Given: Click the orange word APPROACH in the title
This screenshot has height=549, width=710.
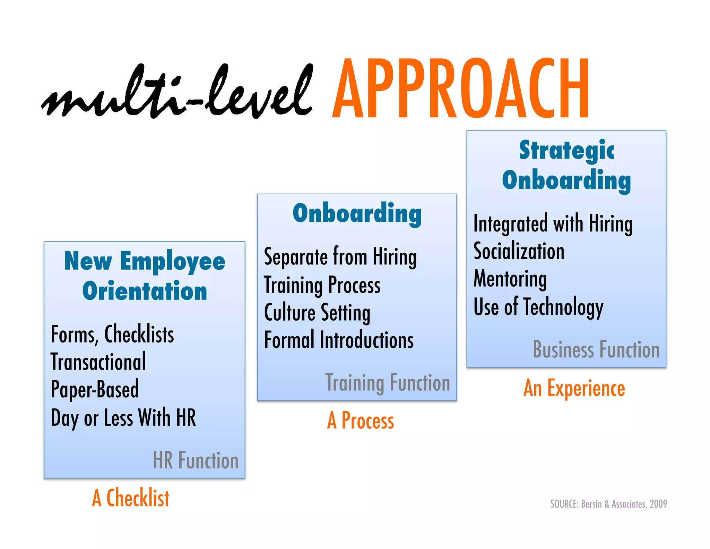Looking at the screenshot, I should click(460, 88).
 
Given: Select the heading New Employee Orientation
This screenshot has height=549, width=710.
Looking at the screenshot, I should click(145, 276).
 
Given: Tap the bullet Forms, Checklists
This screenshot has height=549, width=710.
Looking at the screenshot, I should click(112, 335).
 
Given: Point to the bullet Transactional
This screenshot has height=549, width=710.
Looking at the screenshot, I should click(98, 362).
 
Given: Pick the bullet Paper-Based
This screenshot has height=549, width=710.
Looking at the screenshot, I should click(95, 389).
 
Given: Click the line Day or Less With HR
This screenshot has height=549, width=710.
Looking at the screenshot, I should click(123, 417).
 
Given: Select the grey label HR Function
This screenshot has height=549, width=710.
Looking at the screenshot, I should click(196, 461).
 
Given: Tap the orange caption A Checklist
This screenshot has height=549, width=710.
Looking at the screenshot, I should click(131, 498).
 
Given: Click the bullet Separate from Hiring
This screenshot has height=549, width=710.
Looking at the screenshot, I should click(340, 257).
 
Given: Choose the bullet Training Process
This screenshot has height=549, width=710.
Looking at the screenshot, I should click(322, 285).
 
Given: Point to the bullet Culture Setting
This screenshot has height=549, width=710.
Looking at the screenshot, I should click(317, 313).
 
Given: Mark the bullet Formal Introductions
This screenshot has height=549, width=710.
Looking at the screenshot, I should click(339, 340).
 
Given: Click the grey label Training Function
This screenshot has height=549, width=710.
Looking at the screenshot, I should click(388, 383).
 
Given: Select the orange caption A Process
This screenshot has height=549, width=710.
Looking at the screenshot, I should click(361, 421).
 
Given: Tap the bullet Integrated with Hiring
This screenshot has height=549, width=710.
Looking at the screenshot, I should click(553, 224).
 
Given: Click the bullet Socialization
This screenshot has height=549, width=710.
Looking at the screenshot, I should click(519, 251).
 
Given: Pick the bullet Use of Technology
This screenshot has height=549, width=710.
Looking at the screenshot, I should click(538, 307).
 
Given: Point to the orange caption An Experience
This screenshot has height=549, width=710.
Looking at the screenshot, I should click(574, 388).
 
